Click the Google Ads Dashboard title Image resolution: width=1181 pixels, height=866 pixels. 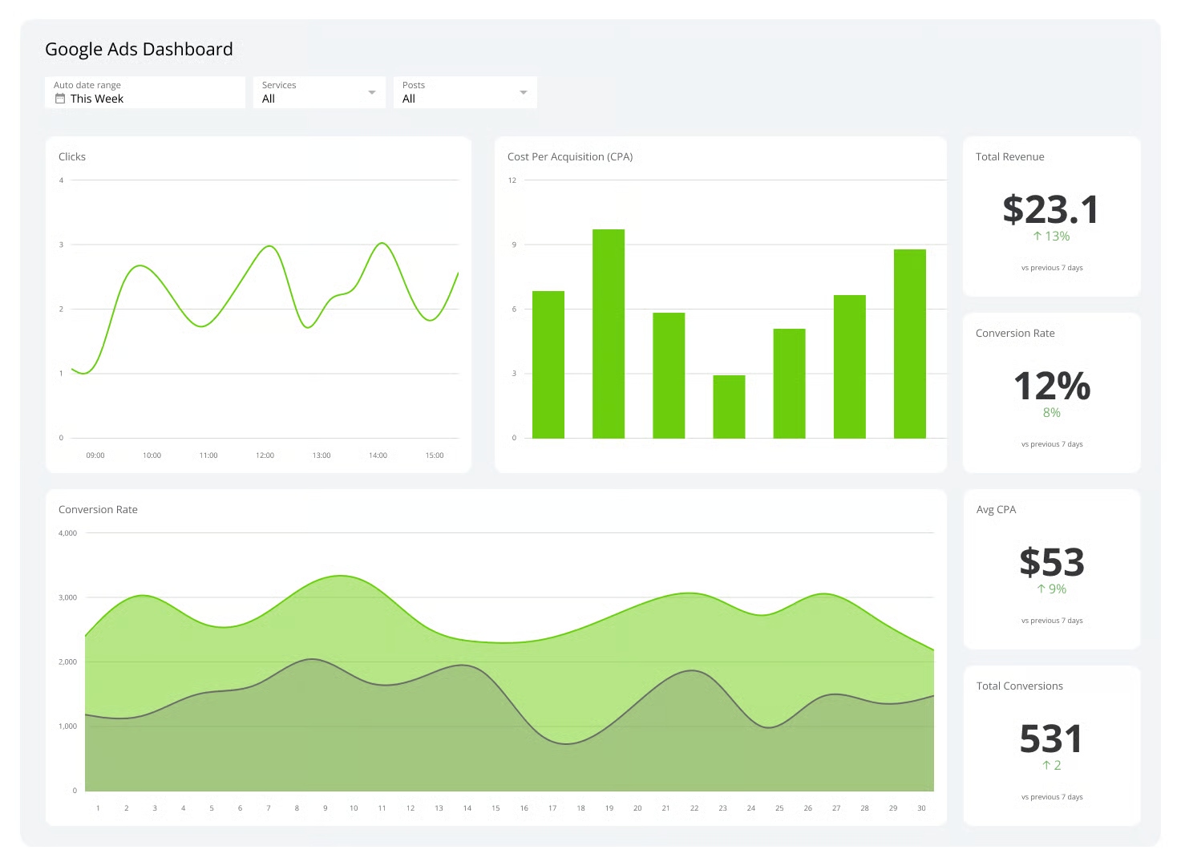pos(139,49)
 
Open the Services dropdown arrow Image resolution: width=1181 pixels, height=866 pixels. pos(371,92)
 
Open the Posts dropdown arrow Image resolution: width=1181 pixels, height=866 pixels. pos(523,92)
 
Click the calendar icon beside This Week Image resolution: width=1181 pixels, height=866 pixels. pos(60,99)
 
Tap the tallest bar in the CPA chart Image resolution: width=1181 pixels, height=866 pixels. pos(608,333)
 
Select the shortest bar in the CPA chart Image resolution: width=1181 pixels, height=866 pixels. pos(728,406)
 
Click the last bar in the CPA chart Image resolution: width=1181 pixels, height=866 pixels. pos(909,343)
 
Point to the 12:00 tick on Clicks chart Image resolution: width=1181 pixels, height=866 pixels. pos(265,455)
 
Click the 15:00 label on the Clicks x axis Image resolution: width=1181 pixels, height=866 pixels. pos(434,455)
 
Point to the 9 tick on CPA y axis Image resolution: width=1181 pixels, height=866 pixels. pos(514,245)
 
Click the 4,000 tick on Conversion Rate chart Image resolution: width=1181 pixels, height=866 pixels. pos(68,533)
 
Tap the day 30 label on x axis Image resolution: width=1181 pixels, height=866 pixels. pos(921,808)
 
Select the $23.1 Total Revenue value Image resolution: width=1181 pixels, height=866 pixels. pos(1051,210)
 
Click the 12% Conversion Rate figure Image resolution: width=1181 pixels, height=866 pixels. pos(1051,386)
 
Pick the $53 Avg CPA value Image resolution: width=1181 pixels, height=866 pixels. pos(1051,563)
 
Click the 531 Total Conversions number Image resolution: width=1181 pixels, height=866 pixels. pos(1051,739)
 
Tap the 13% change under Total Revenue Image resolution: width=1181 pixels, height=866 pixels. pos(1051,237)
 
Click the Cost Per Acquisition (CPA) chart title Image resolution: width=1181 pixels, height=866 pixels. pos(570,156)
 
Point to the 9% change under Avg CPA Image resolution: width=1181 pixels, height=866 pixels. pos(1051,589)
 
